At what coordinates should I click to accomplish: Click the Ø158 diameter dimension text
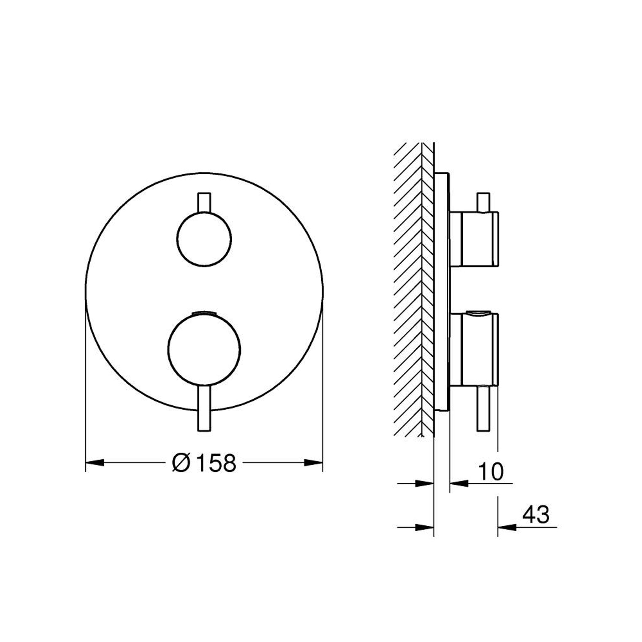(x=204, y=463)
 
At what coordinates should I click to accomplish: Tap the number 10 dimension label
(x=491, y=471)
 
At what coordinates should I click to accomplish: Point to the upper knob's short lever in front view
(x=204, y=202)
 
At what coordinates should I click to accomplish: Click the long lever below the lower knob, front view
(x=204, y=408)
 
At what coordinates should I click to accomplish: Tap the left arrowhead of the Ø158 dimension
(x=95, y=462)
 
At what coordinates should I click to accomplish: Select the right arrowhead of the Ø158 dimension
(x=313, y=462)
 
